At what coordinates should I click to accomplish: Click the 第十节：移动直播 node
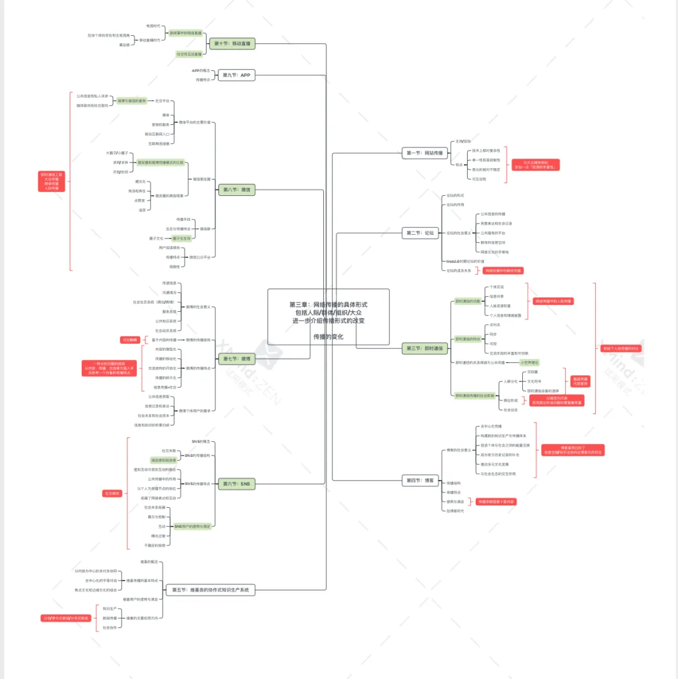tap(233, 44)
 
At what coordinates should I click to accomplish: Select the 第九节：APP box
tap(236, 75)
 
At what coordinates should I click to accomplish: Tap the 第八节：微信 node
tap(237, 190)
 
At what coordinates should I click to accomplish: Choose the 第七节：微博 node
tap(237, 359)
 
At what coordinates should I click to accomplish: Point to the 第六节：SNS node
tap(237, 484)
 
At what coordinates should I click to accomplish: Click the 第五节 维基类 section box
tap(210, 590)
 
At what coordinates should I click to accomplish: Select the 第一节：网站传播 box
tap(425, 152)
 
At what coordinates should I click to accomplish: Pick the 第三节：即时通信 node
tap(425, 348)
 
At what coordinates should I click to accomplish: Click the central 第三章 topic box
tap(328, 316)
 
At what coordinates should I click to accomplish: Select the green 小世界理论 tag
tap(529, 362)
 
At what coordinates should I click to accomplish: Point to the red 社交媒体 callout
tap(111, 494)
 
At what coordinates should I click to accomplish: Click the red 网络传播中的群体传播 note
tap(503, 270)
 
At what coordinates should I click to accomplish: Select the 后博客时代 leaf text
tap(455, 511)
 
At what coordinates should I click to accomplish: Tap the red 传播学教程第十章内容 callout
tap(496, 501)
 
